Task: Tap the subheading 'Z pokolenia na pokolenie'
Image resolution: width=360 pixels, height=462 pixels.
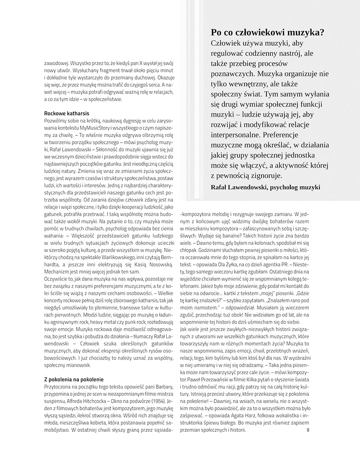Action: tap(74, 379)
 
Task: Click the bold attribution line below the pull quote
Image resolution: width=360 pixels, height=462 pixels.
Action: tap(265, 187)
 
